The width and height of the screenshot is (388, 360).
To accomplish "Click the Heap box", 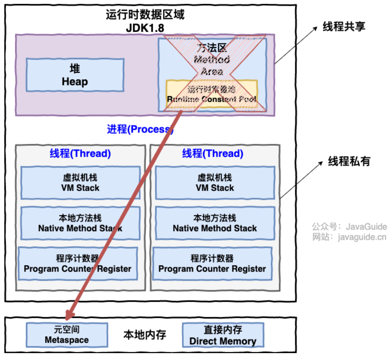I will click(75, 75).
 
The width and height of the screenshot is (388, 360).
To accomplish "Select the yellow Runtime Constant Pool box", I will click(212, 94).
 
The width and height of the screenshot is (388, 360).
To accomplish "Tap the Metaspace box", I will click(66, 335).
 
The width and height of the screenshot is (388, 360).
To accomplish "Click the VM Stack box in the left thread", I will click(81, 183).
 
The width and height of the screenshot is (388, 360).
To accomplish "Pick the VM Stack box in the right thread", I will click(215, 183).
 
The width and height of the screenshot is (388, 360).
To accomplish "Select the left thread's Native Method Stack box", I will click(81, 223).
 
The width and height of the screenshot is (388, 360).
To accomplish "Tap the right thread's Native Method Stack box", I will click(215, 223).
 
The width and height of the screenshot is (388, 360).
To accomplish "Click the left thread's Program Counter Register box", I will click(78, 264).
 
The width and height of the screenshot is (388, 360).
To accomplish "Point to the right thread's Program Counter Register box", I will click(212, 264).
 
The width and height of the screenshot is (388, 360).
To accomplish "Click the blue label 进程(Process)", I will click(140, 129).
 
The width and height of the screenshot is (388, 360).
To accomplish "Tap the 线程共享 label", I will click(344, 27).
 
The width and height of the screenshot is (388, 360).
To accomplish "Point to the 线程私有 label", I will click(349, 162).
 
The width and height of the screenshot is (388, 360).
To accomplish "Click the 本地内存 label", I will click(145, 335).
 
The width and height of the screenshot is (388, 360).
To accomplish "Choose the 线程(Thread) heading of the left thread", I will click(80, 153).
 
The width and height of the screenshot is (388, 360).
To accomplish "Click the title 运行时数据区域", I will click(145, 15).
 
